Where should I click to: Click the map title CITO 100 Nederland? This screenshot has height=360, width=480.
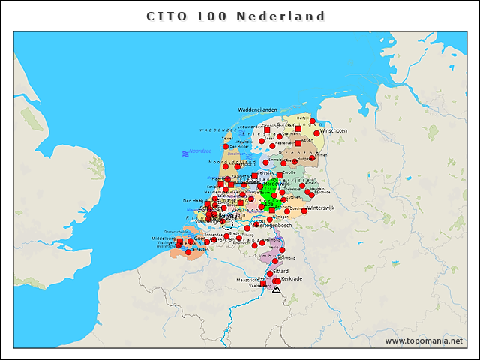235,16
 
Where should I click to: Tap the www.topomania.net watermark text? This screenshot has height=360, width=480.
424,340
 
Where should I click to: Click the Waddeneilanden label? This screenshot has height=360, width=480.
258,109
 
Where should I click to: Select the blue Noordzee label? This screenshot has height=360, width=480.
200,151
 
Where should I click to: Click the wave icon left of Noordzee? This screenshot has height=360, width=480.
184,153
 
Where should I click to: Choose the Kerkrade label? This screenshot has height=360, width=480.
291,278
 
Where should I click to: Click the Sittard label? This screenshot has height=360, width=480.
280,270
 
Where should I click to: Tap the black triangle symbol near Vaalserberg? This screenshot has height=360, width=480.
276,289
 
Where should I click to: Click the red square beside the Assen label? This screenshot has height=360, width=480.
298,142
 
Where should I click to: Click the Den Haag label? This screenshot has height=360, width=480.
193,201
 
